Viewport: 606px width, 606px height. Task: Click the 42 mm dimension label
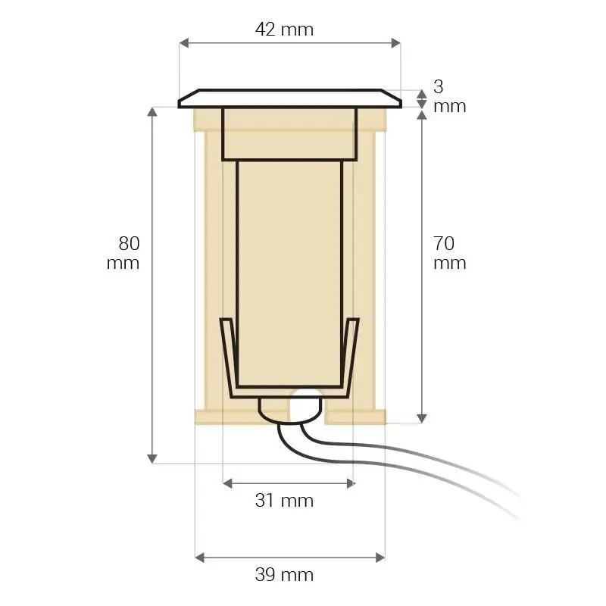284,30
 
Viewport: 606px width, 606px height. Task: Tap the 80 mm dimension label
125,253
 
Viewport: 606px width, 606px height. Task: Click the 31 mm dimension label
284,501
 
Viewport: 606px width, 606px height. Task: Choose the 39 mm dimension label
284,575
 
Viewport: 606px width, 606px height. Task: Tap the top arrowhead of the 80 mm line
153,111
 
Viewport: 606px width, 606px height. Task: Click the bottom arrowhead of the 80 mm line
153,458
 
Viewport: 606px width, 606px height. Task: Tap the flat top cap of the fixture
289,100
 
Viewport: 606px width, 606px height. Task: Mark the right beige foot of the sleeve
356,417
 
